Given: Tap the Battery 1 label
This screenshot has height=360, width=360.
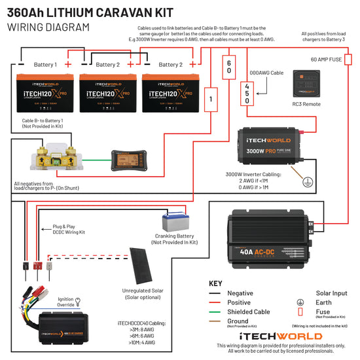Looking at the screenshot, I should coord(45,65).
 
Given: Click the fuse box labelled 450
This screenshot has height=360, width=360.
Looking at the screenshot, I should coord(247,93).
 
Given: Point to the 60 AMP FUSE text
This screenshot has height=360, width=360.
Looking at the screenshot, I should coord(326,59).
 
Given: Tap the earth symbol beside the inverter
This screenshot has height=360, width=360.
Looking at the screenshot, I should coord(306,184).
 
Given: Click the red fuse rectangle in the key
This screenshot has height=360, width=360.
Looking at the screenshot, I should coord(300,312).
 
